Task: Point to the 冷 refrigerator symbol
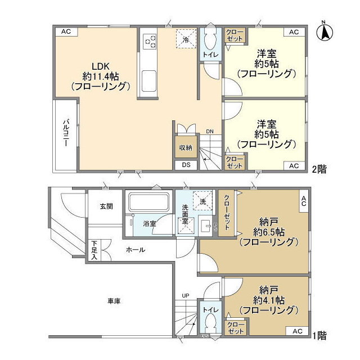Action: coord(186,39)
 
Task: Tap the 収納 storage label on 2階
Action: coord(185,148)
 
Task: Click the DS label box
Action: coord(185,165)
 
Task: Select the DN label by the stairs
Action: coord(209,132)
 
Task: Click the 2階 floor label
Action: coord(320,168)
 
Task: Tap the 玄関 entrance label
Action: coord(106,206)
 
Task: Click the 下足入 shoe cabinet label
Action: coord(93,250)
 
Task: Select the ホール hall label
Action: coord(135,250)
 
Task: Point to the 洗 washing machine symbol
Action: coord(201,200)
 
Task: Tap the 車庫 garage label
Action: coord(113,301)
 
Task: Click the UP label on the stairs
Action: coord(185,295)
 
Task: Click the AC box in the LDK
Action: coord(66,32)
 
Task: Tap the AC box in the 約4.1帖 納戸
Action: coord(296,332)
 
